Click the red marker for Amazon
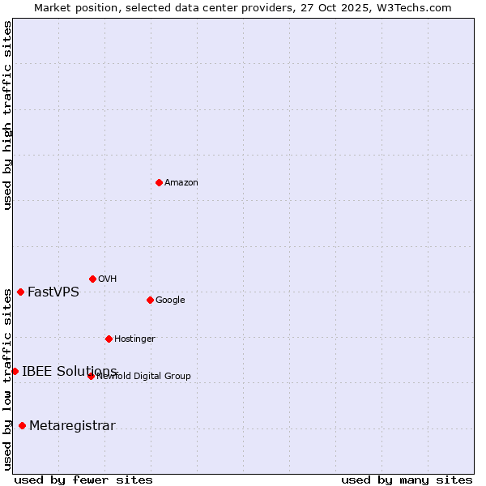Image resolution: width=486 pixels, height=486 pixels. tap(159, 182)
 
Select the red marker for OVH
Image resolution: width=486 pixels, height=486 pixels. tap(92, 279)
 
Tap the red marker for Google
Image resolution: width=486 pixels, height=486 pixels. tap(150, 300)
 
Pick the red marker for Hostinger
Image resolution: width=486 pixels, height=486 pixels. tap(109, 339)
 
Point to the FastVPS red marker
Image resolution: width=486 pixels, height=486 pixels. tap(20, 292)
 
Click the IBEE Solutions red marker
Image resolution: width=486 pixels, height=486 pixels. tap(15, 371)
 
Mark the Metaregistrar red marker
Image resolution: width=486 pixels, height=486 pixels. tap(22, 425)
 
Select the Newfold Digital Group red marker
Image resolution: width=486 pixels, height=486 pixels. tap(91, 376)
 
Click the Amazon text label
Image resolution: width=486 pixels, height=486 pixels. tap(181, 182)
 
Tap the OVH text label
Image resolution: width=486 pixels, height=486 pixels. tap(107, 279)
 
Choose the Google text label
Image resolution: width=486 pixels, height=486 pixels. tap(170, 300)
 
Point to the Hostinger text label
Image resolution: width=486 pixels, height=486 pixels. tap(134, 339)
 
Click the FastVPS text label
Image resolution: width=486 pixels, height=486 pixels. tap(53, 292)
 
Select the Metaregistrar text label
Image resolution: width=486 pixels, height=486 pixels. tap(72, 425)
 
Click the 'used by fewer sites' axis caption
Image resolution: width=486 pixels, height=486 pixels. tap(83, 480)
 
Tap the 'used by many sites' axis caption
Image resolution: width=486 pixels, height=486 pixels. tap(407, 480)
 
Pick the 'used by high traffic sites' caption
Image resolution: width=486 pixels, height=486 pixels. tap(7, 115)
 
